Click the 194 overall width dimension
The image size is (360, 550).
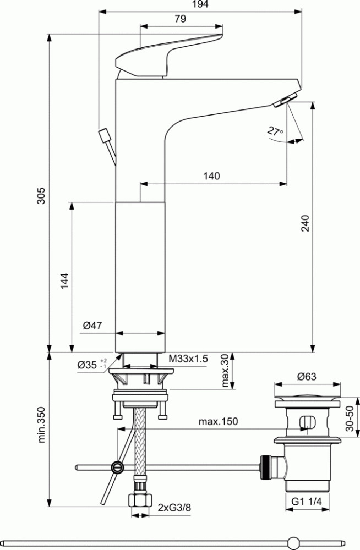[x=200, y=4]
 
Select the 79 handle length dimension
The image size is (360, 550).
[x=180, y=19]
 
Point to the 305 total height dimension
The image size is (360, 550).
[x=41, y=196]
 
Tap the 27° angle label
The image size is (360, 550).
[x=275, y=131]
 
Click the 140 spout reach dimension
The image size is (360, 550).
[x=211, y=176]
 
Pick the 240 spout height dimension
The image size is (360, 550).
[x=306, y=223]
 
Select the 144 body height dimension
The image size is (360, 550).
[x=64, y=281]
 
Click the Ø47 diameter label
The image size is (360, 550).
[x=92, y=326]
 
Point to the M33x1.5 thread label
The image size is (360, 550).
[x=188, y=359]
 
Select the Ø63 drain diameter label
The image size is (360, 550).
[x=307, y=377]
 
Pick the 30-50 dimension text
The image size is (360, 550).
[x=350, y=419]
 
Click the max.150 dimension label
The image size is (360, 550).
[x=218, y=421]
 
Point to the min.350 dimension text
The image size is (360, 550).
[x=41, y=425]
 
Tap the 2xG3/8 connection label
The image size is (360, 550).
[x=174, y=508]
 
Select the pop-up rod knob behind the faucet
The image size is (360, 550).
[x=104, y=135]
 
